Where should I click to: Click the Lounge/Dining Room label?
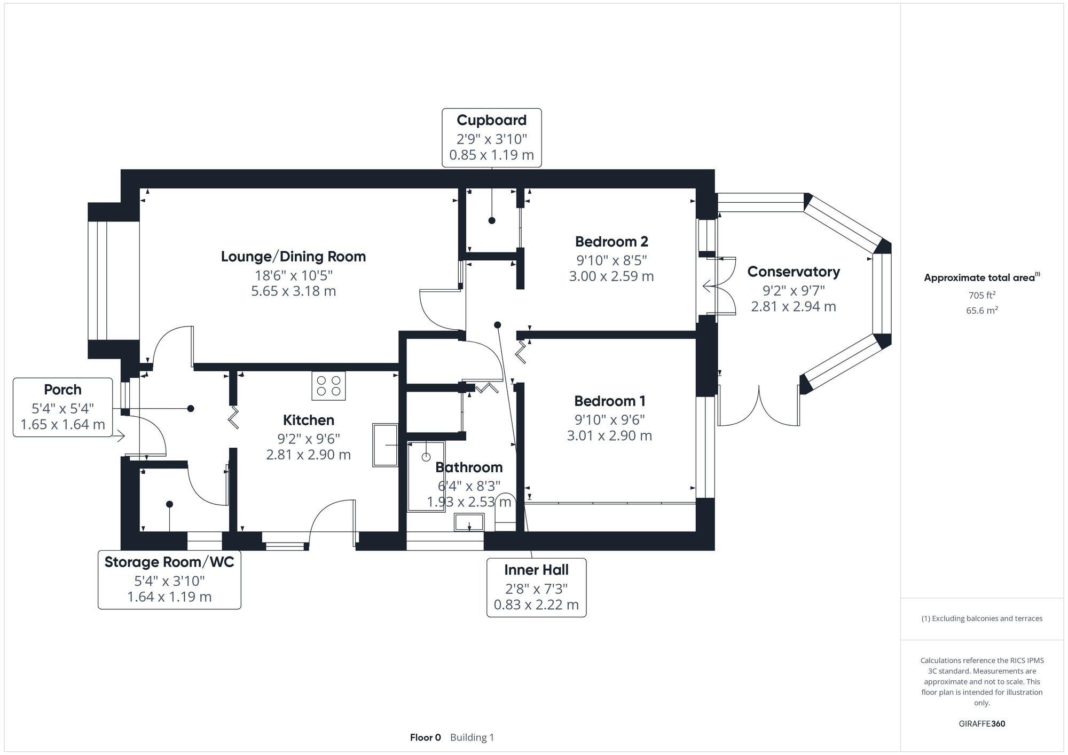(293, 257)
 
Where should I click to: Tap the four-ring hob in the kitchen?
(328, 386)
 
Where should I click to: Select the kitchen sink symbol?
(385, 445)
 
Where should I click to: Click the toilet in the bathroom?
(505, 513)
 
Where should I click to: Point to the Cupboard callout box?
(491, 138)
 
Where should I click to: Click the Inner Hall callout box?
(536, 587)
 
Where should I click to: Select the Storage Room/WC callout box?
(169, 579)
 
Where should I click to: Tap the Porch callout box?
(63, 407)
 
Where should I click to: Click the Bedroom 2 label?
(611, 242)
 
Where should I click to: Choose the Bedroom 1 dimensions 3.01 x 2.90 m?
(609, 435)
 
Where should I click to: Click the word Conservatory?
(793, 272)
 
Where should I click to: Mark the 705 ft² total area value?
(981, 295)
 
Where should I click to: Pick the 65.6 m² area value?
(981, 310)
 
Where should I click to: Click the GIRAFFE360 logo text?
(981, 724)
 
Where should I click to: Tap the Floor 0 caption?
(425, 737)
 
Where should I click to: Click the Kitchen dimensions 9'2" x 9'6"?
(309, 439)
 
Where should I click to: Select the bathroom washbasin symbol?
(469, 522)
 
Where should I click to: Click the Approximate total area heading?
(981, 277)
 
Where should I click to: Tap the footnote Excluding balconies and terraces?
(981, 618)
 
